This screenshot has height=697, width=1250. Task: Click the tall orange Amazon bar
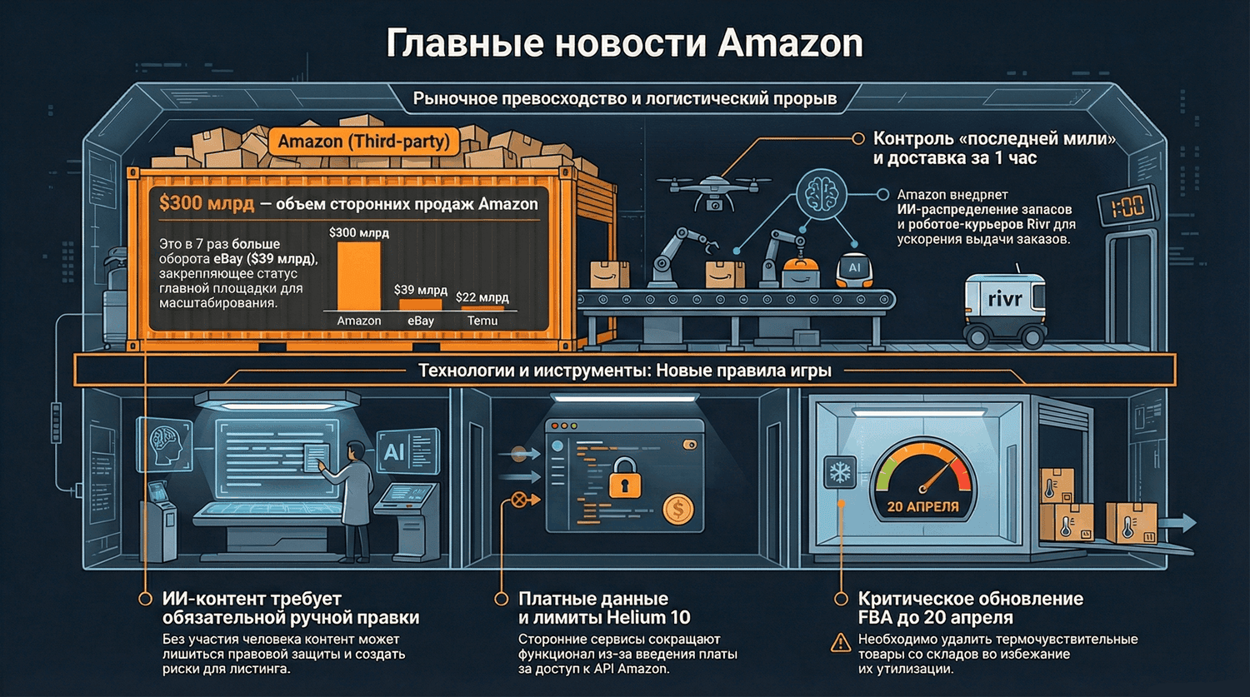click(x=358, y=276)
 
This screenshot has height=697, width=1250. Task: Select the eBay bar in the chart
click(x=420, y=305)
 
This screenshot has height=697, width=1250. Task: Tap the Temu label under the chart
click(x=482, y=321)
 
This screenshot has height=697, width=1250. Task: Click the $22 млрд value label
click(x=482, y=296)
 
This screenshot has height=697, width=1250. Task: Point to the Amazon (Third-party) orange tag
click(x=363, y=142)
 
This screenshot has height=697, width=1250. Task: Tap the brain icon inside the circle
click(x=821, y=194)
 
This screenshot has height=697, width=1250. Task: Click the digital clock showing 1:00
click(x=1127, y=206)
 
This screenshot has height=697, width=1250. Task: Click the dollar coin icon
click(x=678, y=508)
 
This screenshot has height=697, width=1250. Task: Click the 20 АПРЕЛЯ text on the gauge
click(x=922, y=506)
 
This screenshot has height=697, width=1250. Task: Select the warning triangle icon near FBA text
click(x=842, y=643)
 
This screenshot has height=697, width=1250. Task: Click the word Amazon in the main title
click(x=790, y=43)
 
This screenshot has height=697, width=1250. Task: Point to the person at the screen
click(x=354, y=491)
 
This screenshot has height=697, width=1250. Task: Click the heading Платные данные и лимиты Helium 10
click(x=603, y=608)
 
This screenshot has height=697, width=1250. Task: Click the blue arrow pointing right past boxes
click(x=1179, y=523)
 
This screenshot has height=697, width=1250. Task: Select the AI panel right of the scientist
click(x=406, y=451)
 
